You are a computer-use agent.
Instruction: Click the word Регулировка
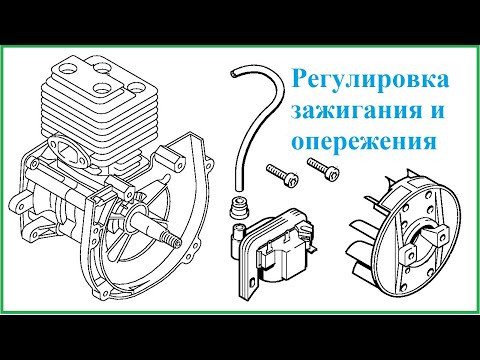pyautogui.click(x=370, y=80)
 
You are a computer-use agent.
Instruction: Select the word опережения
pyautogui.click(x=364, y=142)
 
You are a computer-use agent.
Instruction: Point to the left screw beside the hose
pyautogui.click(x=282, y=175)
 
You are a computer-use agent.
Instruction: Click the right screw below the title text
pyautogui.click(x=324, y=168)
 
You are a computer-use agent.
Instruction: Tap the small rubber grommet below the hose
pyautogui.click(x=239, y=207)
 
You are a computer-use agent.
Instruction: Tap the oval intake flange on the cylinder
pyautogui.click(x=69, y=151)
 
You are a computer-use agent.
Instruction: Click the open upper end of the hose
pyautogui.click(x=235, y=73)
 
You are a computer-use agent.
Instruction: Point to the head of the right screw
pyautogui.click(x=333, y=173)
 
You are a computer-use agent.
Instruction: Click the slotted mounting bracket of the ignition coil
pyautogui.click(x=249, y=273)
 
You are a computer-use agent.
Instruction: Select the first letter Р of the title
pyautogui.click(x=299, y=79)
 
